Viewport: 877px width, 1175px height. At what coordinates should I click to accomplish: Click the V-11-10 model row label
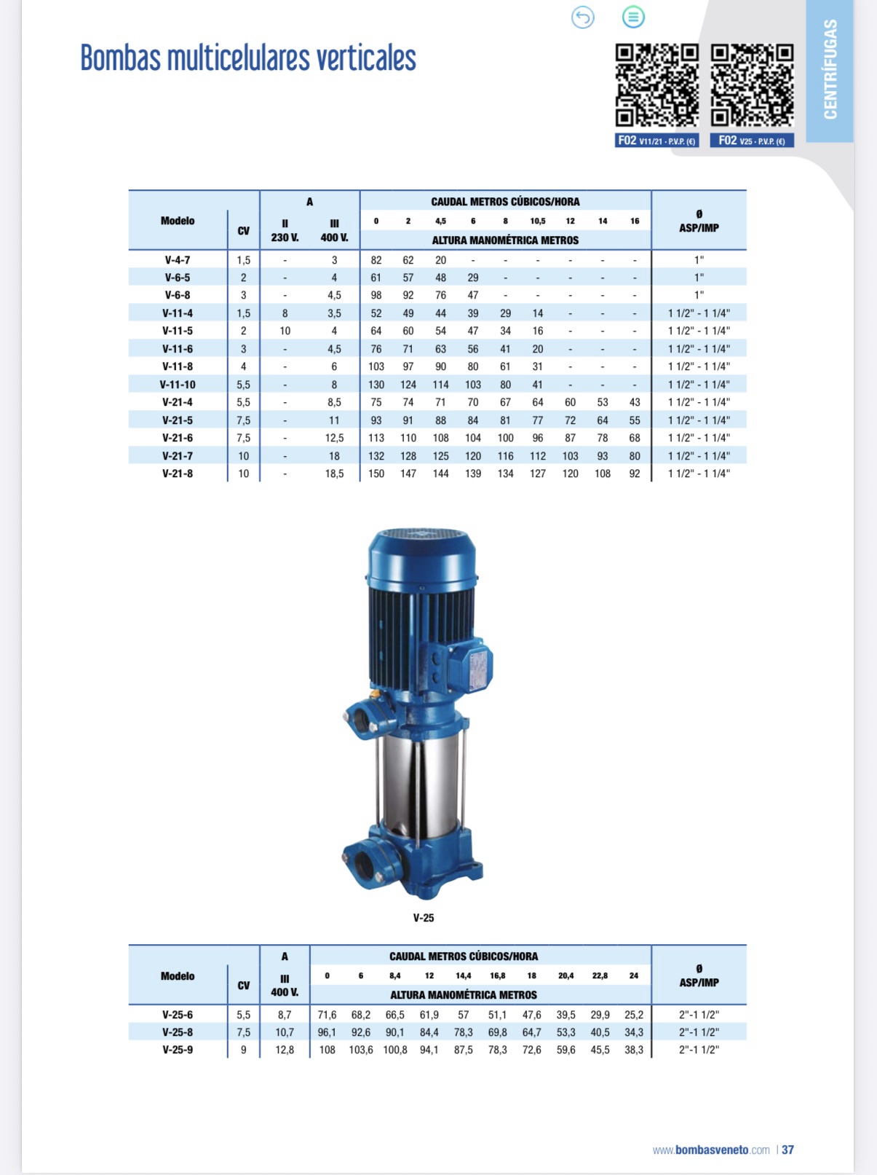(x=178, y=385)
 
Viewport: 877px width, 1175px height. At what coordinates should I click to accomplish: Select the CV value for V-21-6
(x=243, y=438)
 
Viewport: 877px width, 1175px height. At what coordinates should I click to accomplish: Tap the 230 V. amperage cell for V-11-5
(x=285, y=331)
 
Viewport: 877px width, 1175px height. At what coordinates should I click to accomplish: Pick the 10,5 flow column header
(x=537, y=221)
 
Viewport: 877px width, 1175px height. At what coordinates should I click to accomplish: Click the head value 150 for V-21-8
(x=376, y=473)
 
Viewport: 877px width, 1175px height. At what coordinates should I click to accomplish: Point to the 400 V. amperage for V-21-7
(x=334, y=456)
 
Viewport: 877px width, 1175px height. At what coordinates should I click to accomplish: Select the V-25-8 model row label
(x=178, y=1032)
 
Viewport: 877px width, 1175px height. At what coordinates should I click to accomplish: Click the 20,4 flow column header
(x=566, y=976)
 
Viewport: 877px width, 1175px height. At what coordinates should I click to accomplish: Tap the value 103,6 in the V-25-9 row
(x=361, y=1050)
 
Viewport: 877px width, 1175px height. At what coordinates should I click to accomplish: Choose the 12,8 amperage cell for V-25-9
(x=285, y=1050)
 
